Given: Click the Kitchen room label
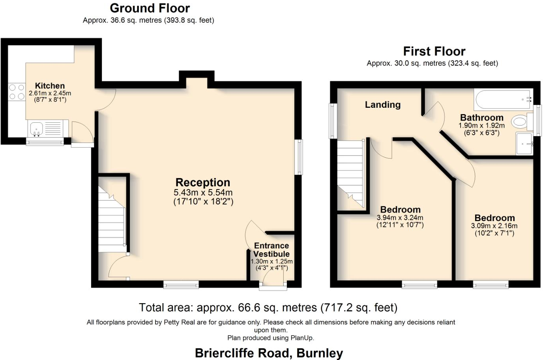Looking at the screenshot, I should tap(50, 86).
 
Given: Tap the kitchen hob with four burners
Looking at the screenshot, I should tap(17, 92).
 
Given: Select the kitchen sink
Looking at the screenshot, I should tap(37, 128).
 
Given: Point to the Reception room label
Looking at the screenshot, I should tap(203, 182).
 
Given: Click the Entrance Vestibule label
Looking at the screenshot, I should tap(271, 250).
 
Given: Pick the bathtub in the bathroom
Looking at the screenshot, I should tap(503, 100).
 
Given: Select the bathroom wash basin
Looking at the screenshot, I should tap(524, 143).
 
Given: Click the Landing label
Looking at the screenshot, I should tap(382, 105).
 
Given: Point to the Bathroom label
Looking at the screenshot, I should tap(481, 118).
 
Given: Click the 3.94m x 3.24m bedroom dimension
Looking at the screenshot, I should tap(400, 218).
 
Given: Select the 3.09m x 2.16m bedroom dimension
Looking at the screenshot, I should tap(494, 226).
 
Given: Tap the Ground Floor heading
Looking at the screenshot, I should tap(150, 8).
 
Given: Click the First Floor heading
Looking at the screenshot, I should tap(434, 51).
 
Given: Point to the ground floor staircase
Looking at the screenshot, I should tap(112, 221).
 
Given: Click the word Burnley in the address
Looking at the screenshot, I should tap(320, 353).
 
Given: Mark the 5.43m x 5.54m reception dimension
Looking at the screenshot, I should tap(203, 193).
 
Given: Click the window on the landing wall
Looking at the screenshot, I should tap(333, 121).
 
